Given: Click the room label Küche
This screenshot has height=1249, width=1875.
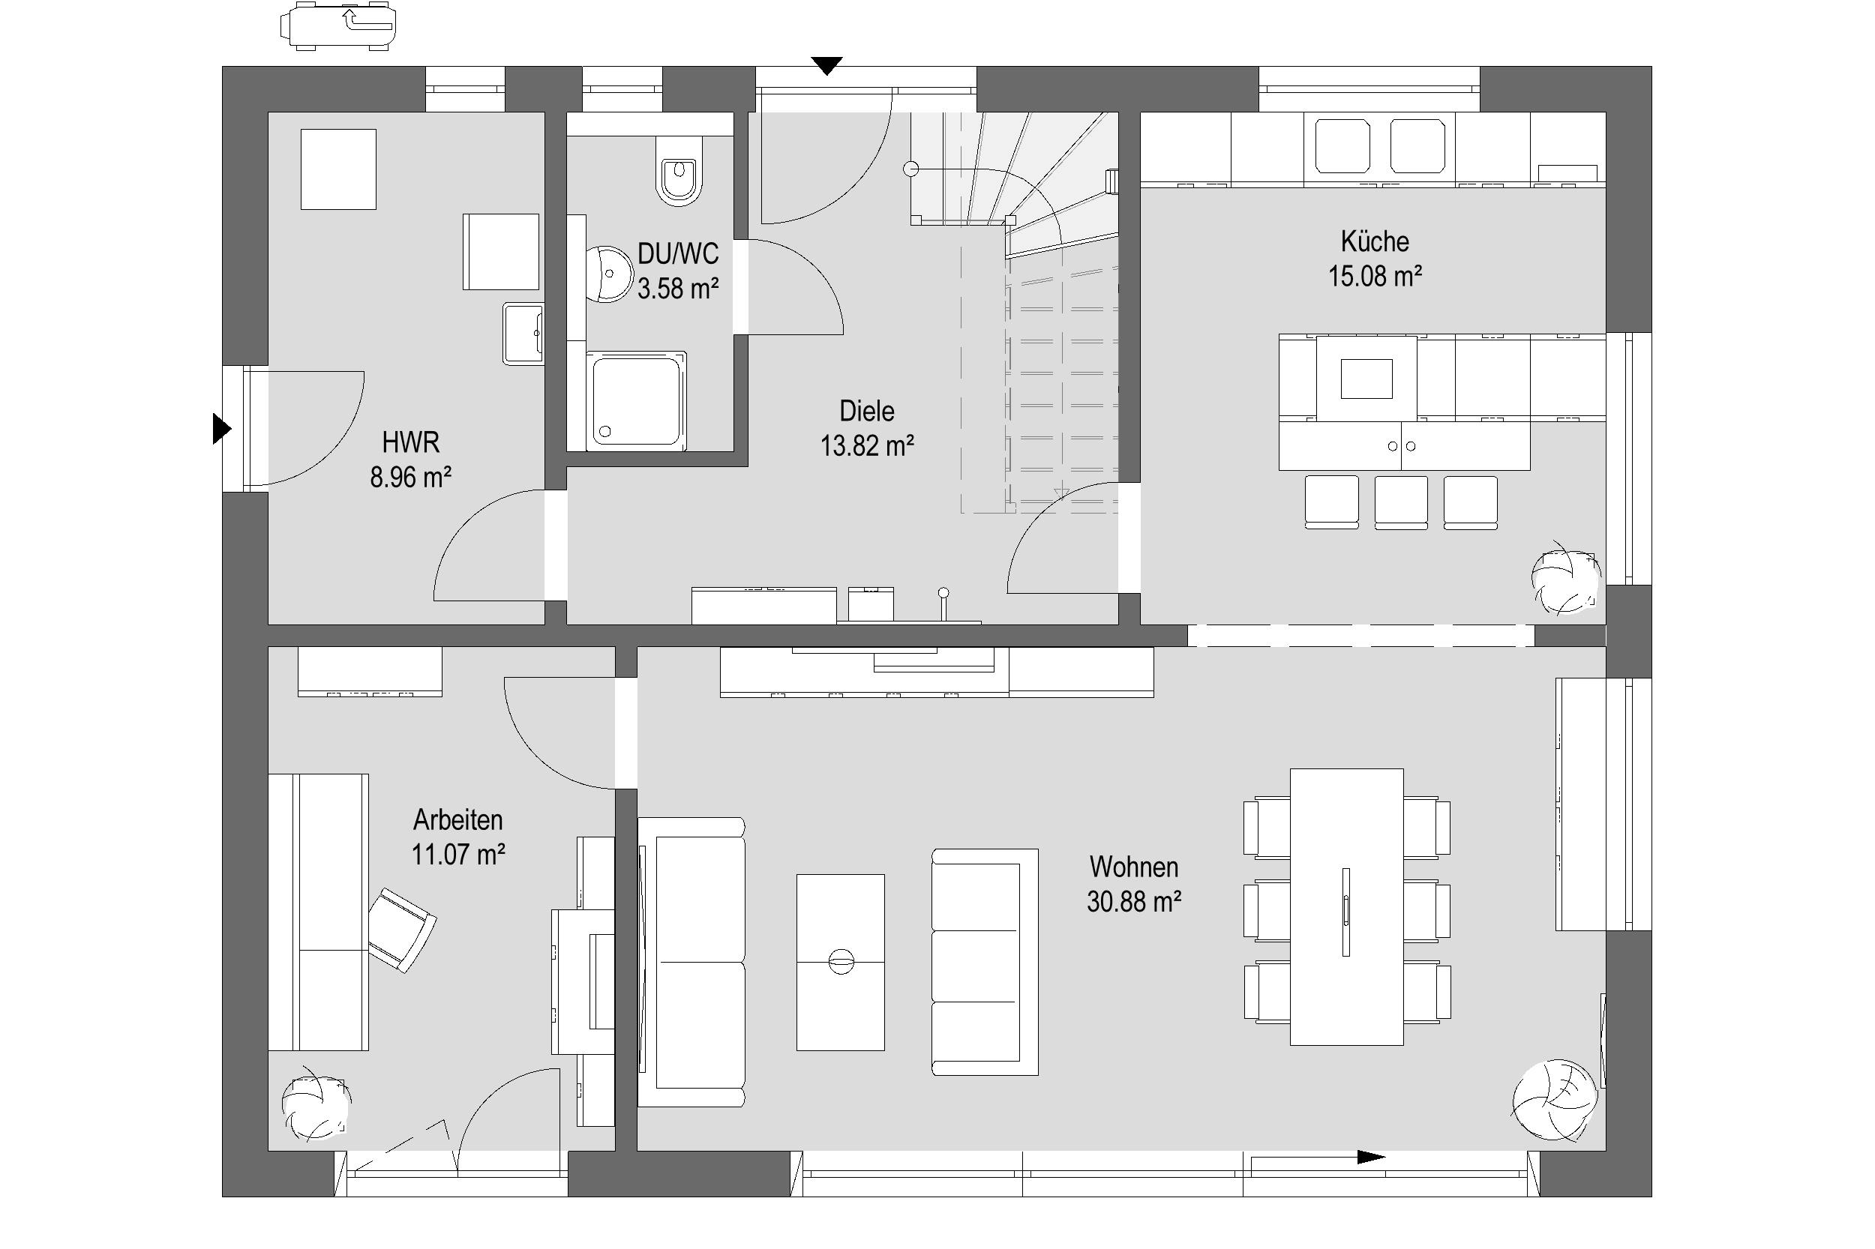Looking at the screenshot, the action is (x=1374, y=241).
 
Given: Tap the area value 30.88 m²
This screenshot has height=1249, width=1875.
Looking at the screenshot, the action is (x=1133, y=902).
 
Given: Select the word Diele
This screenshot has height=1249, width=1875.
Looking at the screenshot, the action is (x=866, y=411).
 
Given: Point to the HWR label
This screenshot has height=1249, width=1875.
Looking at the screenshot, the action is (x=410, y=442).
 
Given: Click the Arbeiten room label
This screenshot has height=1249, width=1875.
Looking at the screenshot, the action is (x=457, y=819).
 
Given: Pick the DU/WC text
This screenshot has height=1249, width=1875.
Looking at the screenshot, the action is (x=677, y=253).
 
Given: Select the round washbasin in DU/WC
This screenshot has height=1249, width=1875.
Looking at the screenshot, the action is (x=608, y=273).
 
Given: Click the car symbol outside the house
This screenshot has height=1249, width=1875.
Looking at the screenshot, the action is (x=337, y=26).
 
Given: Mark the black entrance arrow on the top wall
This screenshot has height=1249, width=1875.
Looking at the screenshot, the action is (x=826, y=66).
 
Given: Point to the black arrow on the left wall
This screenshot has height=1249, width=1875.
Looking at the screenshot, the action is (x=221, y=429).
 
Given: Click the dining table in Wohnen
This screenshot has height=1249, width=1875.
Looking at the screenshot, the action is (x=1346, y=906).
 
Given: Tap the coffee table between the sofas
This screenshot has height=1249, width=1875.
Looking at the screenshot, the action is (x=840, y=963).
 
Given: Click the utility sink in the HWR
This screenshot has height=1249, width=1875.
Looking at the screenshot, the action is (x=523, y=334).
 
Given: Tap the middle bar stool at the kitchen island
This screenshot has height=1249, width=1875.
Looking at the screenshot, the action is (x=1400, y=502).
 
